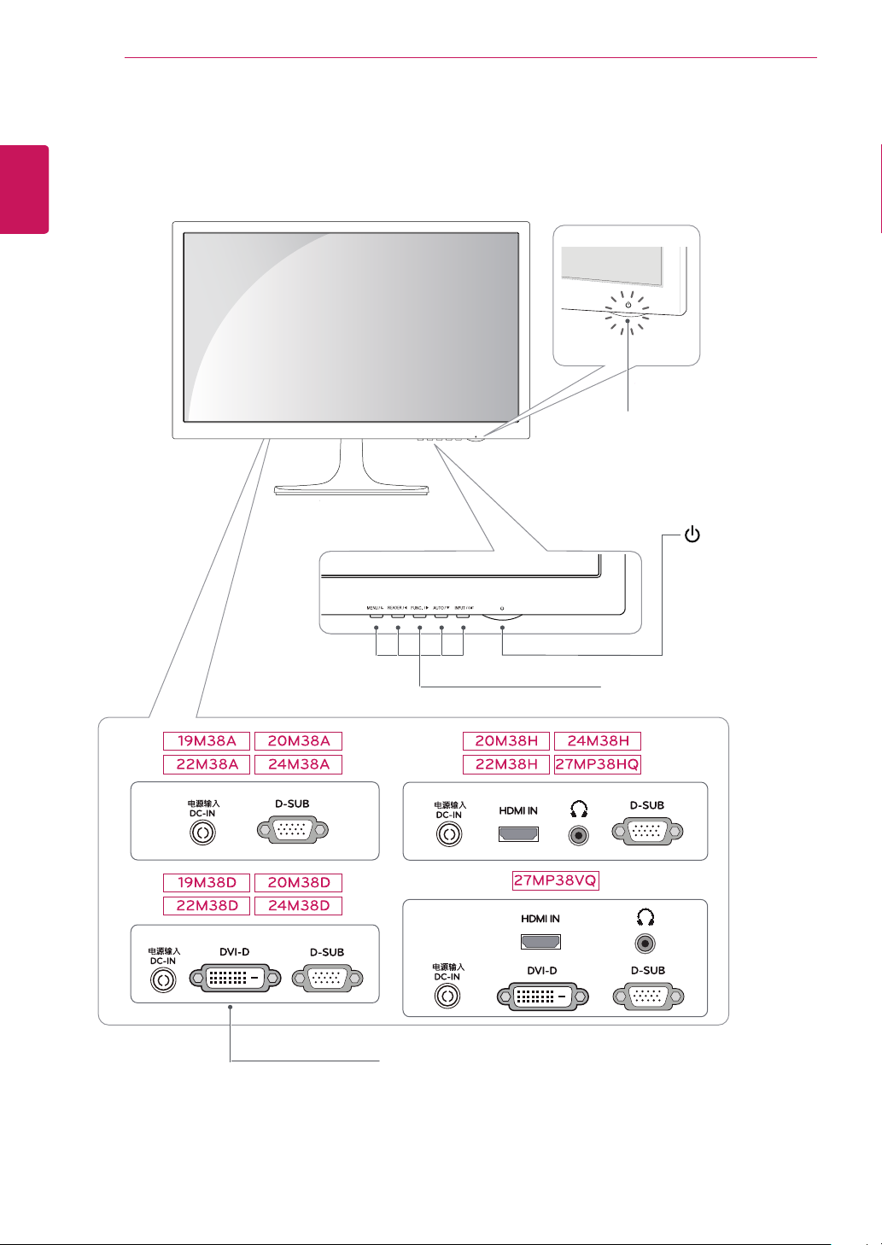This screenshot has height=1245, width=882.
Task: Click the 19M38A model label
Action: (x=207, y=741)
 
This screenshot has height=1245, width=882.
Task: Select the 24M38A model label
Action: (x=299, y=764)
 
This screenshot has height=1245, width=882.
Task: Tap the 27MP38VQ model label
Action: (x=555, y=880)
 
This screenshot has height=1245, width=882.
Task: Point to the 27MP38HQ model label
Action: (x=597, y=764)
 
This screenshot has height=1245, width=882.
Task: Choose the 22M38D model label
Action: (x=207, y=906)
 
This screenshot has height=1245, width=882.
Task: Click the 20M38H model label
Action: (x=506, y=741)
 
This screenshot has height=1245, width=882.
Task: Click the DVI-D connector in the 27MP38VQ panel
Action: (x=541, y=996)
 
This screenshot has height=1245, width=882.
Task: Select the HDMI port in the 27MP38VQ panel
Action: (x=540, y=942)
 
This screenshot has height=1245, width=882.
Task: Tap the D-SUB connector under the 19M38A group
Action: (x=292, y=830)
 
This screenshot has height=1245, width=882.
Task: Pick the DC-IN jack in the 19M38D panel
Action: (x=163, y=980)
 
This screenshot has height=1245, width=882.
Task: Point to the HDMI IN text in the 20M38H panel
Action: (x=518, y=810)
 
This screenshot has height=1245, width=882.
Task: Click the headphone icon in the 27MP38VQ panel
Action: (x=645, y=918)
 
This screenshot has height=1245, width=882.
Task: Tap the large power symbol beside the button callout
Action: (x=692, y=536)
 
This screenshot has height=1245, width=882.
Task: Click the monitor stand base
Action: (x=351, y=490)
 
